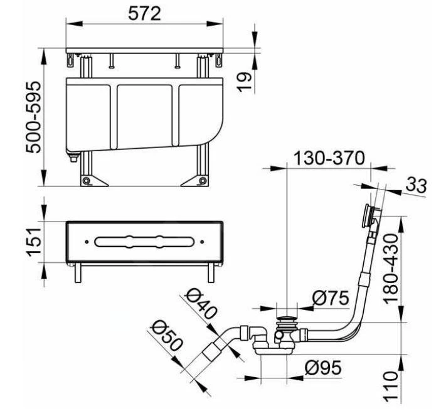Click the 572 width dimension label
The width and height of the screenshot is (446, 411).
144,14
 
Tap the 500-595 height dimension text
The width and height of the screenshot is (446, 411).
34,117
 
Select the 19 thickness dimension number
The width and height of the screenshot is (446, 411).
245,82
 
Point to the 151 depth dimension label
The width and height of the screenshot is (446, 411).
35,242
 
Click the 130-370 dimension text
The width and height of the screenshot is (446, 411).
329,158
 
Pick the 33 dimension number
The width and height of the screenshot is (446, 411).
416,185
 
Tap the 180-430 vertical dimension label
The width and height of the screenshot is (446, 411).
390,269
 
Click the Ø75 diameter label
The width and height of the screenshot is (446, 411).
331,298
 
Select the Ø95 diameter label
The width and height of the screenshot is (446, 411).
323,368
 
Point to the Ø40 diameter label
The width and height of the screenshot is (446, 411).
201,304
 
